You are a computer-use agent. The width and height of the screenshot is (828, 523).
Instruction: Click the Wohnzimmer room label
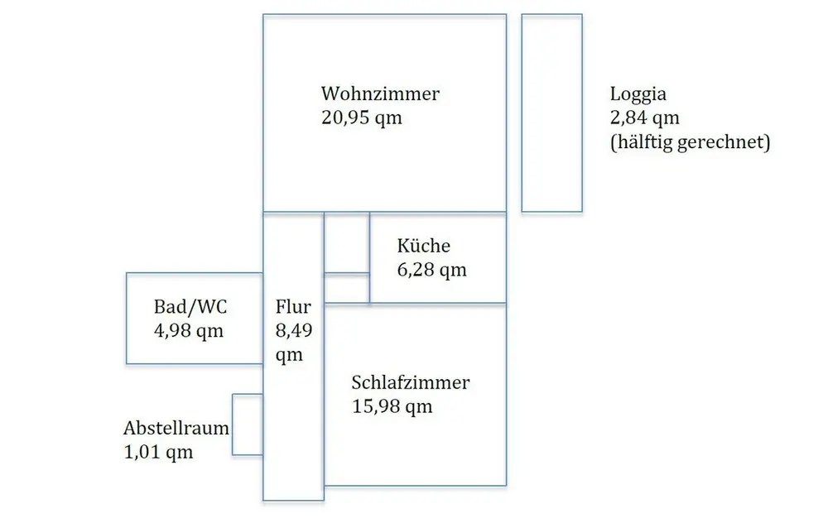pyautogui.click(x=380, y=94)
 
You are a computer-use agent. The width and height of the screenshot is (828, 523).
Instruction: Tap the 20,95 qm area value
pyautogui.click(x=362, y=118)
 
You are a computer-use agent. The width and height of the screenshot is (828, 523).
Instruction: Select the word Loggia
pyautogui.click(x=638, y=94)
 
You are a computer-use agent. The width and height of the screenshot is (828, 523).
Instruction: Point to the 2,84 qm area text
pyautogui.click(x=644, y=118)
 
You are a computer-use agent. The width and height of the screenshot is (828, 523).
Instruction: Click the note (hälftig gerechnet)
pyautogui.click(x=690, y=142)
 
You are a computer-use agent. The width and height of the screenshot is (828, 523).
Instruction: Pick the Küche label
pyautogui.click(x=423, y=246)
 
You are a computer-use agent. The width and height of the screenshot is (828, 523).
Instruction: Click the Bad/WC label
pyautogui.click(x=190, y=308)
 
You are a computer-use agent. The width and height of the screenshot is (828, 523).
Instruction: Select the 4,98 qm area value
pyautogui.click(x=189, y=332)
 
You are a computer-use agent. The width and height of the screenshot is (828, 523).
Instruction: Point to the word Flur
pyautogui.click(x=293, y=308)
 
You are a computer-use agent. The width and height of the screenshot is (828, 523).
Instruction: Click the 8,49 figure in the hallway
pyautogui.click(x=293, y=332)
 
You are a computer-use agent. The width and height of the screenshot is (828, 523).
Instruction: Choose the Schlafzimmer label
pyautogui.click(x=411, y=383)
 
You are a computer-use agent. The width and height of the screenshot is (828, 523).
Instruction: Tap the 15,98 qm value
pyautogui.click(x=392, y=407)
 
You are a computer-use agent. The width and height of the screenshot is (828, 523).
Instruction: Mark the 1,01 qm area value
pyautogui.click(x=158, y=453)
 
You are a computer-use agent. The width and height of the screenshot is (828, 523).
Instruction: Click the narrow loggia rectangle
pyautogui.click(x=551, y=113)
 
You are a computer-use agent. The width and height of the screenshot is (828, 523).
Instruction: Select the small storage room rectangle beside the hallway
pyautogui.click(x=248, y=425)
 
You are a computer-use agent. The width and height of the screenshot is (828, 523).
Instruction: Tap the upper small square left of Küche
pyautogui.click(x=346, y=242)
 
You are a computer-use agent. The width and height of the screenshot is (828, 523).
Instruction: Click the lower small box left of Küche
pyautogui.click(x=346, y=288)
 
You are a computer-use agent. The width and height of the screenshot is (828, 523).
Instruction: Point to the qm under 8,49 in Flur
pyautogui.click(x=289, y=356)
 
